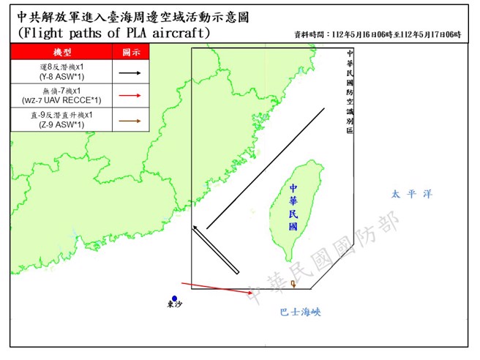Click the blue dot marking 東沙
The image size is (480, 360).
tap(174, 297)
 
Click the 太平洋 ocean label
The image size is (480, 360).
tap(411, 195)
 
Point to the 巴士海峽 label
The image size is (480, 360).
tap(300, 312)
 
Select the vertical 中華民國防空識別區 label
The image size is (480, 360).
tap(350, 91)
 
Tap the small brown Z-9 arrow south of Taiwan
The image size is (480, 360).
tap(293, 284)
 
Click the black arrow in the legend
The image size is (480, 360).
tap(130, 72)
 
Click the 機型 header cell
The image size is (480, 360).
tap(62, 53)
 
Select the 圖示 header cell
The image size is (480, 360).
tap(130, 53)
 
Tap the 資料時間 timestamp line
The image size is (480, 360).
tap(378, 34)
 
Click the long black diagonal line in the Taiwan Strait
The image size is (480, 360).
tap(265, 169)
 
